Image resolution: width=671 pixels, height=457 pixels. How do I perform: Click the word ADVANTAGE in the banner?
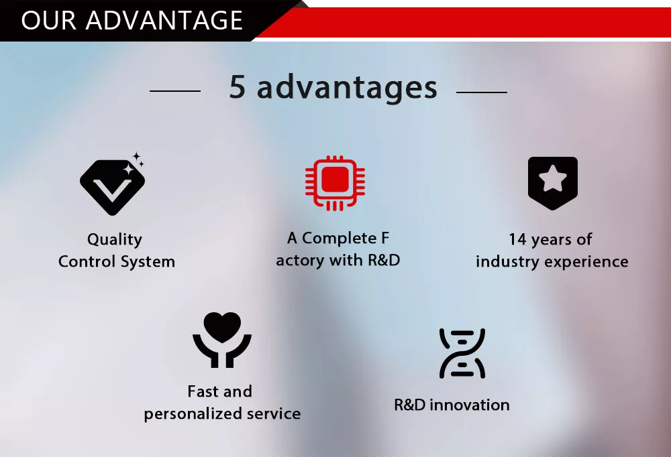[x=164, y=20]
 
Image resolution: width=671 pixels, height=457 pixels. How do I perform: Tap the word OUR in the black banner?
[x=49, y=20]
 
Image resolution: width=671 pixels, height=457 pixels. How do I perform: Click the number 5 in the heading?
[x=237, y=87]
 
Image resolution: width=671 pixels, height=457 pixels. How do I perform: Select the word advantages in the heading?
[x=347, y=88]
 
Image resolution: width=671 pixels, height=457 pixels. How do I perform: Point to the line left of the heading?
[x=175, y=91]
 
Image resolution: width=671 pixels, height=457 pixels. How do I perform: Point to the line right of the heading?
[x=482, y=92]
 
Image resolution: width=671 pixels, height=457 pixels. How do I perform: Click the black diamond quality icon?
[x=112, y=186]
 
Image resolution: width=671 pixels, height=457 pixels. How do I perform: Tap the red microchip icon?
[x=335, y=183]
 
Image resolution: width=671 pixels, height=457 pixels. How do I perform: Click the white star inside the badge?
[x=552, y=178]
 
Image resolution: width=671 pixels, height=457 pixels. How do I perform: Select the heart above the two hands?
[x=222, y=326]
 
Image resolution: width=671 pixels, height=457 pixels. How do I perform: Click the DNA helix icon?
[x=462, y=354]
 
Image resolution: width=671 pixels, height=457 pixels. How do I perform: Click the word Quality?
[x=115, y=240]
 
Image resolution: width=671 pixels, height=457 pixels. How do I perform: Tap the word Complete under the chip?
[x=340, y=238]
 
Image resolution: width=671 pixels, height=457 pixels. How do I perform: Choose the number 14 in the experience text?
[x=517, y=239]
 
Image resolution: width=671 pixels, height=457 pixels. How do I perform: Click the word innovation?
[x=470, y=405]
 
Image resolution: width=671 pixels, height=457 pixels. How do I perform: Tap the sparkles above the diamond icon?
[x=134, y=164]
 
